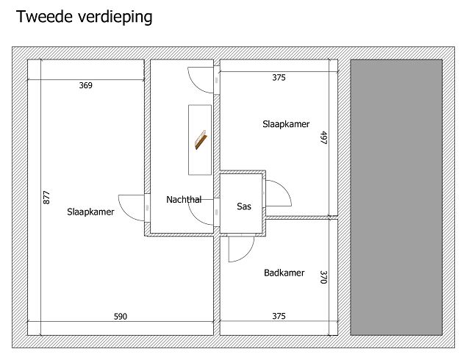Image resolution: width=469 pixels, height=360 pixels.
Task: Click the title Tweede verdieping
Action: [x=85, y=17]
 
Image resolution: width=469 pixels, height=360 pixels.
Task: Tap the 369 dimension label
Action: [x=86, y=85]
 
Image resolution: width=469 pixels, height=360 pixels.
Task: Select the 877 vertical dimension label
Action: [x=46, y=198]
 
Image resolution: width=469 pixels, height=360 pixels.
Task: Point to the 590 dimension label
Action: [x=121, y=317]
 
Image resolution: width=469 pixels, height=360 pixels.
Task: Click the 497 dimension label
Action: [x=324, y=138]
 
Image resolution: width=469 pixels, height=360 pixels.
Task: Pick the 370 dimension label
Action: [x=324, y=277]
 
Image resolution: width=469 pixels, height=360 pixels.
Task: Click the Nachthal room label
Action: [x=184, y=199]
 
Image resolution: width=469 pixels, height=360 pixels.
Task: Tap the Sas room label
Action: [x=244, y=206]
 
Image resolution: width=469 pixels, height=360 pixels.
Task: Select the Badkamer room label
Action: [x=284, y=273]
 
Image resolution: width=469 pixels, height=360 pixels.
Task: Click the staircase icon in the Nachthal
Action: [x=201, y=140]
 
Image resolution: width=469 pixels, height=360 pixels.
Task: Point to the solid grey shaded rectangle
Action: [x=396, y=198]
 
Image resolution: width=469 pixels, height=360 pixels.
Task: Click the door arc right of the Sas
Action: [x=286, y=188]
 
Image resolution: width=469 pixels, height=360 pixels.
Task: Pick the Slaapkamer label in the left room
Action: [x=90, y=212]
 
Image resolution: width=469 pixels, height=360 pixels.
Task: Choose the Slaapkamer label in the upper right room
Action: [x=286, y=124]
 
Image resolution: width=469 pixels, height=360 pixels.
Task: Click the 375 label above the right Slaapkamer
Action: [x=279, y=78]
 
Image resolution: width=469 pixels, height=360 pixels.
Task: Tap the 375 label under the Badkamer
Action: [x=279, y=316]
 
